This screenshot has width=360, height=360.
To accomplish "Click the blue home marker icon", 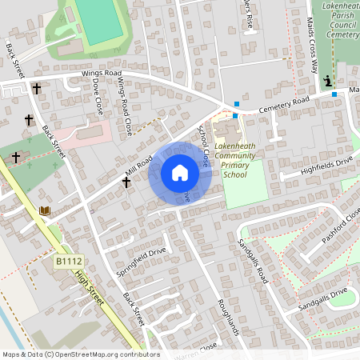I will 179,173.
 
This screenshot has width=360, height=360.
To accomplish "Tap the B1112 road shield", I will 69,261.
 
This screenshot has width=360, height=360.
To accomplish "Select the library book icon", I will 45,210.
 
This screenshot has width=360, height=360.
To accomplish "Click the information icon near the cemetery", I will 328,81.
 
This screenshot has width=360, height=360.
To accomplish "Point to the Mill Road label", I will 138,166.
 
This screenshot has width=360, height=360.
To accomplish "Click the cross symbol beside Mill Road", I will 126,183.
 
